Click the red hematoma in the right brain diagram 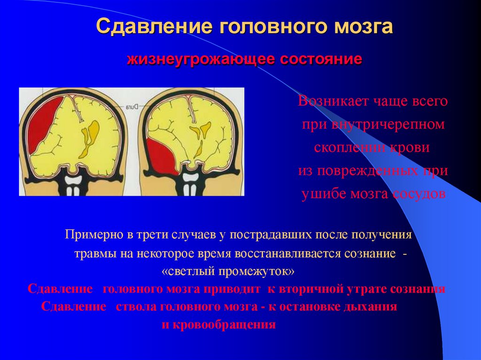click(x=162, y=155)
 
